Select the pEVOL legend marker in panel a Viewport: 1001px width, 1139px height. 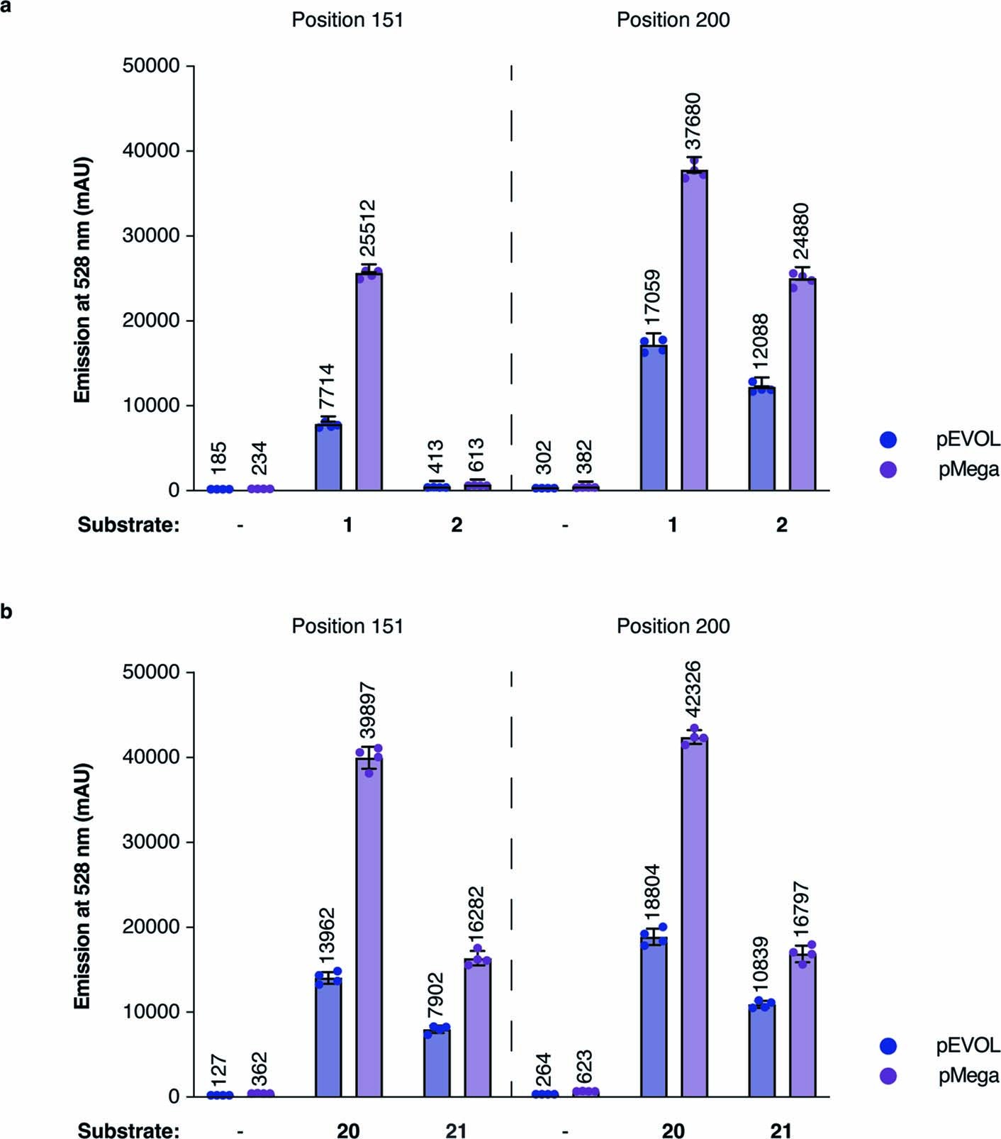(888, 440)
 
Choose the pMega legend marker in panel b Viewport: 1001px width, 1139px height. (888, 1077)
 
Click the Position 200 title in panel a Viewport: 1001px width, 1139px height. (673, 20)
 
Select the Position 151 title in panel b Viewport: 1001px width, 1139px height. (347, 626)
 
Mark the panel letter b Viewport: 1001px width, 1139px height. (6, 611)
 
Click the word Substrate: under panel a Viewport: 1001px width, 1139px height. (128, 525)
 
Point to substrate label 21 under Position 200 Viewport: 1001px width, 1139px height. (781, 1130)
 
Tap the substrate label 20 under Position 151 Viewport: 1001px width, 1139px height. (347, 1130)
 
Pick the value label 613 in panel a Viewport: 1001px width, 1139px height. (476, 456)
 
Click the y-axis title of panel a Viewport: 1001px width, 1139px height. (83, 279)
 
